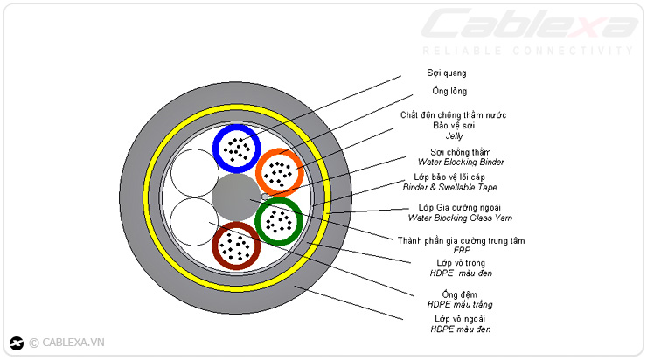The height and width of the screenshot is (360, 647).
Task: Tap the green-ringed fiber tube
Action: click(x=280, y=221)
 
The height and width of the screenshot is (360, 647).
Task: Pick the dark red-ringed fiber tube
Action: click(x=237, y=246)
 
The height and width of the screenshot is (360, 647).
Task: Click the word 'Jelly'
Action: click(x=454, y=136)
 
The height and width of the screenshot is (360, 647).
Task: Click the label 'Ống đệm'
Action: click(x=454, y=294)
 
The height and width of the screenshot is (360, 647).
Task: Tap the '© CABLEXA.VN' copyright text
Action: click(x=66, y=343)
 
